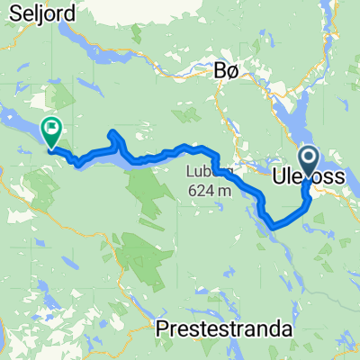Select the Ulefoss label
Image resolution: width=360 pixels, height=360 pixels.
coord(309,178)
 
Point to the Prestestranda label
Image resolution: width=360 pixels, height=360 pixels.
coord(225,330)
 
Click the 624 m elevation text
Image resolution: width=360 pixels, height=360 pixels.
coord(208,190)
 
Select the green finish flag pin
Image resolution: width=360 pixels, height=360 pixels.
coord(50,133)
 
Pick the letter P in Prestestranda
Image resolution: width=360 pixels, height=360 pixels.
coord(163,330)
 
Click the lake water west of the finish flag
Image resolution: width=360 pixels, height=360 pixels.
coord(18,126)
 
